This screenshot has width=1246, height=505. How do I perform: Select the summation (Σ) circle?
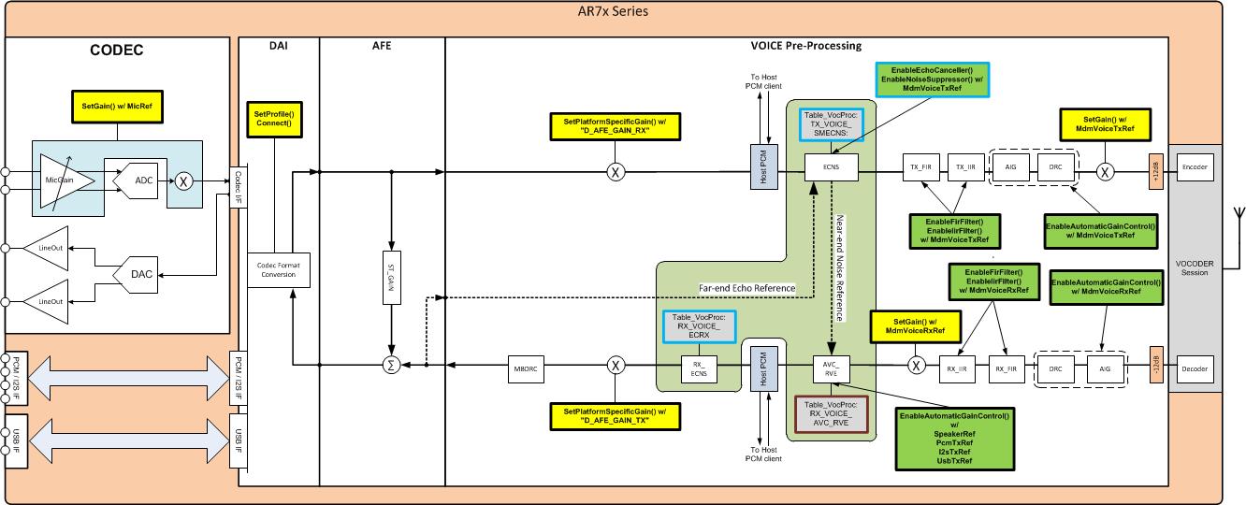(393, 367)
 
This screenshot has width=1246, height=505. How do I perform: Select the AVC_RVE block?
(830, 367)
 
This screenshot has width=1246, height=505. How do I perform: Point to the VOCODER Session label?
(1195, 268)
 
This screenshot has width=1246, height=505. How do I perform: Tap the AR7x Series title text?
(613, 11)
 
